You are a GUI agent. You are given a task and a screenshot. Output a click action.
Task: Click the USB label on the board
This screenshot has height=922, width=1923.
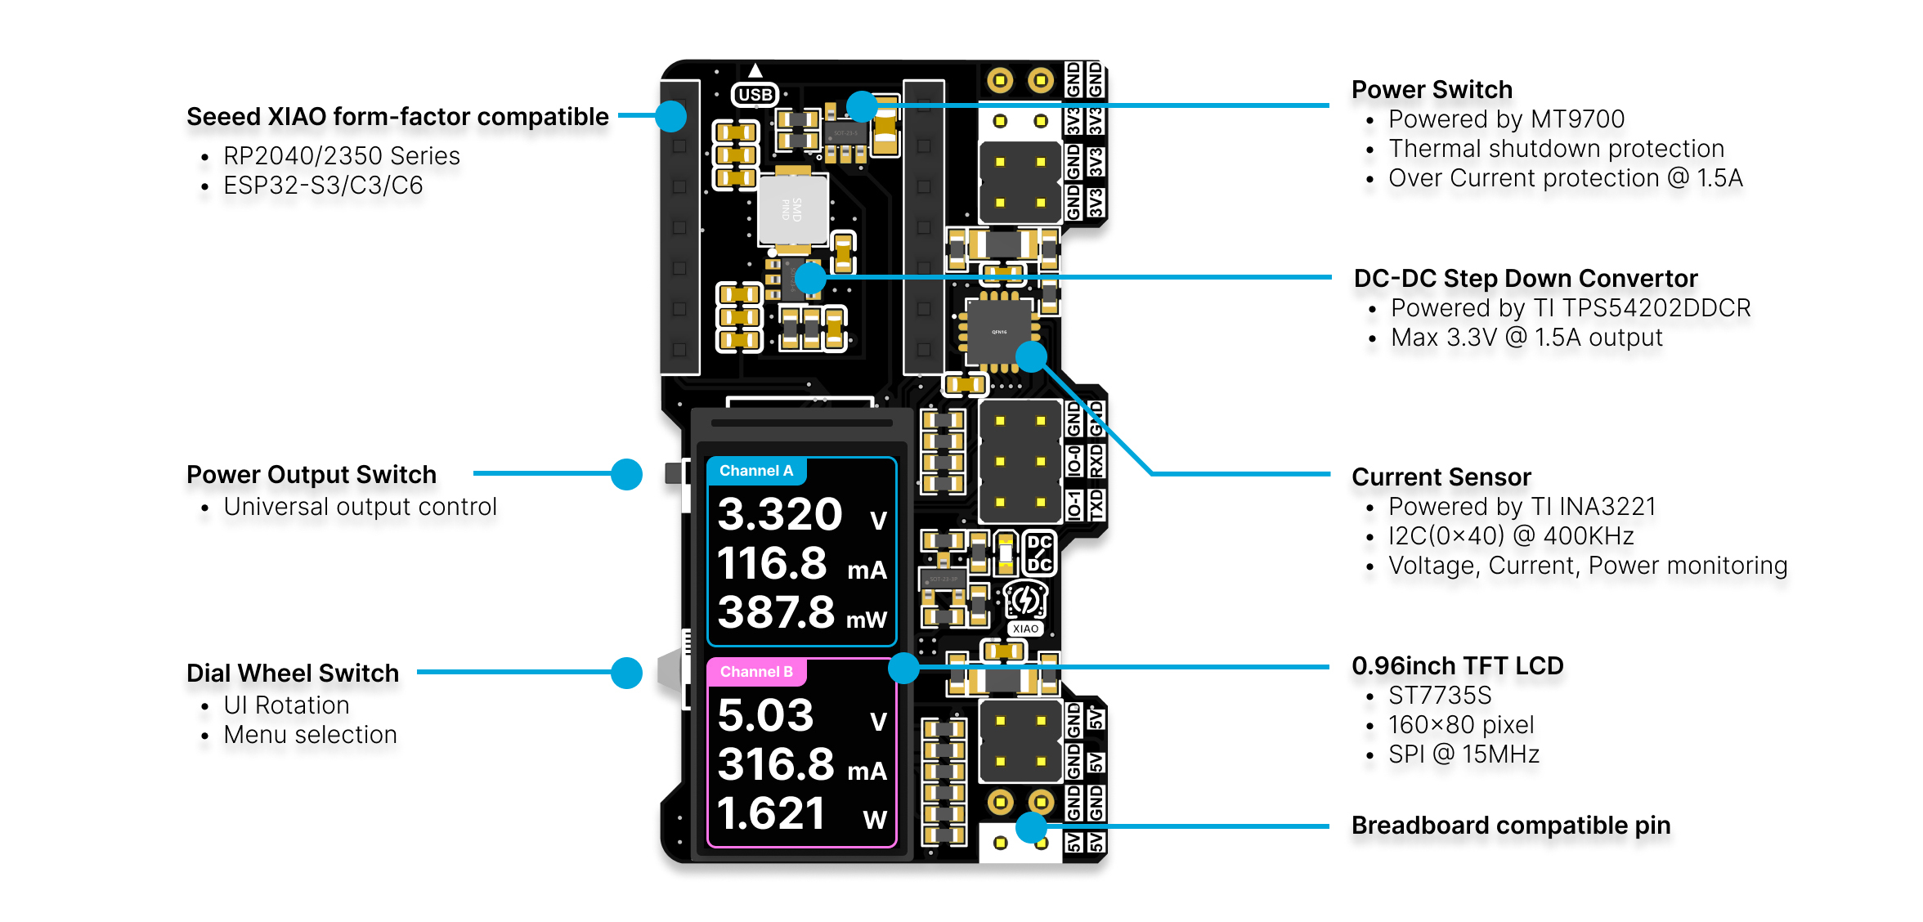[x=754, y=95]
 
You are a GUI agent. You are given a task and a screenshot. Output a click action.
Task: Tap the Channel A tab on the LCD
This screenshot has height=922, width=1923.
[x=756, y=471]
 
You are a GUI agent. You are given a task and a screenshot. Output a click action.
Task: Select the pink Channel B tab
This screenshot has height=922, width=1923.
[x=756, y=672]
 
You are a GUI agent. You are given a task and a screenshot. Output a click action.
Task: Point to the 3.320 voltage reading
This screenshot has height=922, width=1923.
[x=780, y=515]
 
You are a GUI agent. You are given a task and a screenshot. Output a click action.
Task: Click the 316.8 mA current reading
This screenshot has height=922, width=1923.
[x=777, y=765]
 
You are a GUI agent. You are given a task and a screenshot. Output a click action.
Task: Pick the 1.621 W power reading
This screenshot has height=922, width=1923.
[x=771, y=814]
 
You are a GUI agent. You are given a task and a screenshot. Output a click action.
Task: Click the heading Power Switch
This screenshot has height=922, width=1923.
[x=1432, y=89]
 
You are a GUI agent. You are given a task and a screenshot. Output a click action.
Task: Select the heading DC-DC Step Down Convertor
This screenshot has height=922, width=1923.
[x=1526, y=279]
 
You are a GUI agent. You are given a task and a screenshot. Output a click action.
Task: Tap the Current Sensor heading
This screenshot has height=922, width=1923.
[x=1441, y=477]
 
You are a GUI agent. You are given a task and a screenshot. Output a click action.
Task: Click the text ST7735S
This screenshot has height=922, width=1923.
[x=1440, y=696]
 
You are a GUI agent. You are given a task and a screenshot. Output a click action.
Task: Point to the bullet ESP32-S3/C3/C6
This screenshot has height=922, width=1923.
[x=323, y=186]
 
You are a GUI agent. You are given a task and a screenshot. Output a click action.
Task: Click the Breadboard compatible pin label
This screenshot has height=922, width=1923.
[x=1510, y=826]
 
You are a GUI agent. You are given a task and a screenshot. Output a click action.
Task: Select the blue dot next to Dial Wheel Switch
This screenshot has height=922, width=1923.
[x=626, y=673]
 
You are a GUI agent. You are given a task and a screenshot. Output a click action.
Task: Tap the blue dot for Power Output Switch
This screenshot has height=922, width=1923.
[x=626, y=474]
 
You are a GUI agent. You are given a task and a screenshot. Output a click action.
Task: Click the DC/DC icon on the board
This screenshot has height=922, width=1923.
[x=1039, y=553]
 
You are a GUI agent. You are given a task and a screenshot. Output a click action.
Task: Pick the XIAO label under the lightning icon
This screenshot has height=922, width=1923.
[x=1024, y=629]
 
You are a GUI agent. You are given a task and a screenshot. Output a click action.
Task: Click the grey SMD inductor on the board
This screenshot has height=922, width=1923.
[x=792, y=209]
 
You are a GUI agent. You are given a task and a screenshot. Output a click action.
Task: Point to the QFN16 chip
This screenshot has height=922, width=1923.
[x=998, y=331]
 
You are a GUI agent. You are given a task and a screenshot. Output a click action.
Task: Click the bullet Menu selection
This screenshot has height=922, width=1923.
[x=310, y=735]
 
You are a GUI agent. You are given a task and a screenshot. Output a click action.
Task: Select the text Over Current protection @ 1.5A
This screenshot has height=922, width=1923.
[x=1565, y=178]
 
